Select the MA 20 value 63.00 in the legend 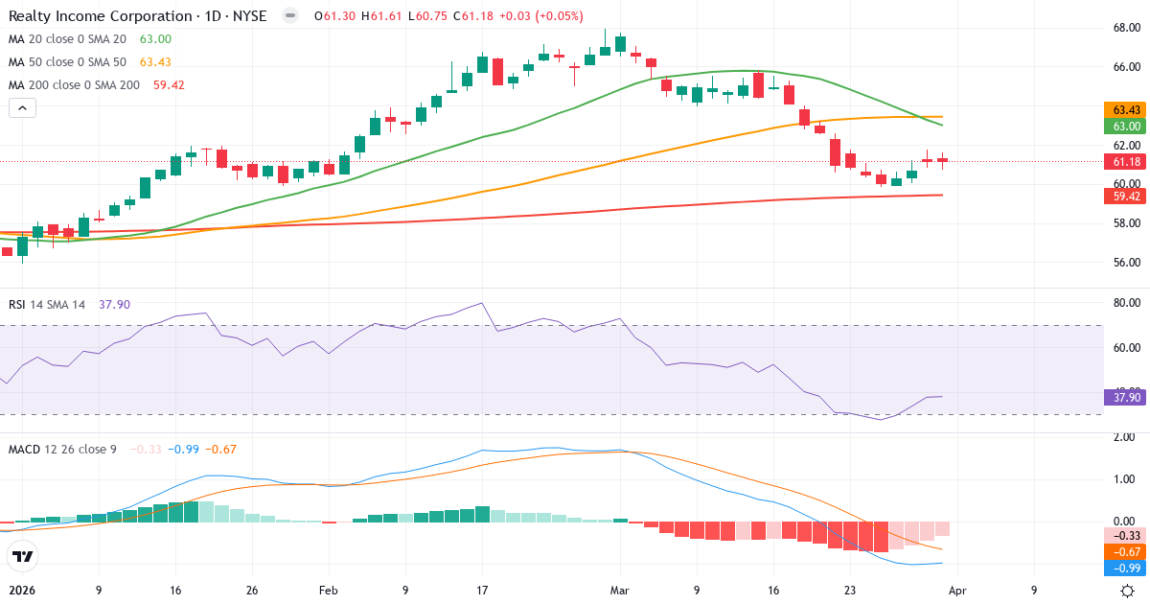point(156,38)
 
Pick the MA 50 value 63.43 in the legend point(156,61)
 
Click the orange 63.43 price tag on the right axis point(1125,110)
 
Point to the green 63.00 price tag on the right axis point(1125,127)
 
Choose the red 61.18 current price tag point(1125,161)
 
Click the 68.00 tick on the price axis point(1125,28)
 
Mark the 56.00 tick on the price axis point(1125,263)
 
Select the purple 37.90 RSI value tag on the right point(1125,397)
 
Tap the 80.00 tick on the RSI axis point(1125,303)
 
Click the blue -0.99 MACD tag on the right point(1125,568)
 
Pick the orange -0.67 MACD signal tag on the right point(1125,551)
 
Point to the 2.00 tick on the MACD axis point(1125,437)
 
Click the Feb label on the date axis point(329,591)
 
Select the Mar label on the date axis point(620,591)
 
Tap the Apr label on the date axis point(956,591)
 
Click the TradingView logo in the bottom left point(23,555)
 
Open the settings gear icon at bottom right point(1128,591)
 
